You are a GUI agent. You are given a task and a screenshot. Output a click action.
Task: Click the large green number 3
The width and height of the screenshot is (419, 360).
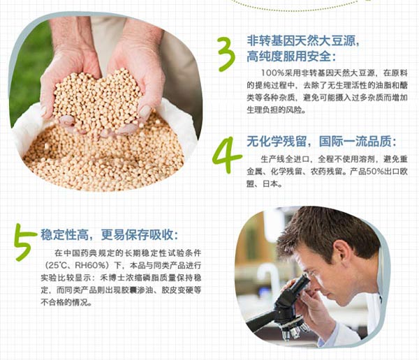pos(226,54)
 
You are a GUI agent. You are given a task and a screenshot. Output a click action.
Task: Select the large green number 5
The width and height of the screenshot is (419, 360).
pos(24,241)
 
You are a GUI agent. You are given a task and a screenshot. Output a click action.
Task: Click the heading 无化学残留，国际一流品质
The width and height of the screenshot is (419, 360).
pos(321,141)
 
